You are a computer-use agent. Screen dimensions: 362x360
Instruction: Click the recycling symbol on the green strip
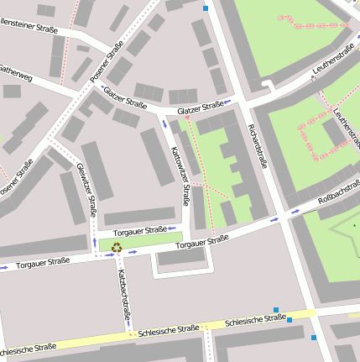pyautogui.click(x=116, y=247)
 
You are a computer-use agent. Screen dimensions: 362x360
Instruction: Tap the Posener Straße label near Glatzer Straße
pyautogui.click(x=107, y=65)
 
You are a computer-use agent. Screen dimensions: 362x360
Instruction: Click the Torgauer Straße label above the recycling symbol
pyautogui.click(x=139, y=230)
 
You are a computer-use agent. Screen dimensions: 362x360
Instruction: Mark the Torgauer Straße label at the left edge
pyautogui.click(x=42, y=262)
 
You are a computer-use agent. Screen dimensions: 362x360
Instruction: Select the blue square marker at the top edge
pyautogui.click(x=206, y=8)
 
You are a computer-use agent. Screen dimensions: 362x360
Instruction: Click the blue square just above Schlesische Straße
pyautogui.click(x=275, y=309)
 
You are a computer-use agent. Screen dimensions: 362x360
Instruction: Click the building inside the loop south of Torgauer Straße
pyautogui.click(x=181, y=257)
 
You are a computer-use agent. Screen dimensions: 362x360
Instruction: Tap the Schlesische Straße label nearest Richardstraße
pyautogui.click(x=256, y=320)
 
